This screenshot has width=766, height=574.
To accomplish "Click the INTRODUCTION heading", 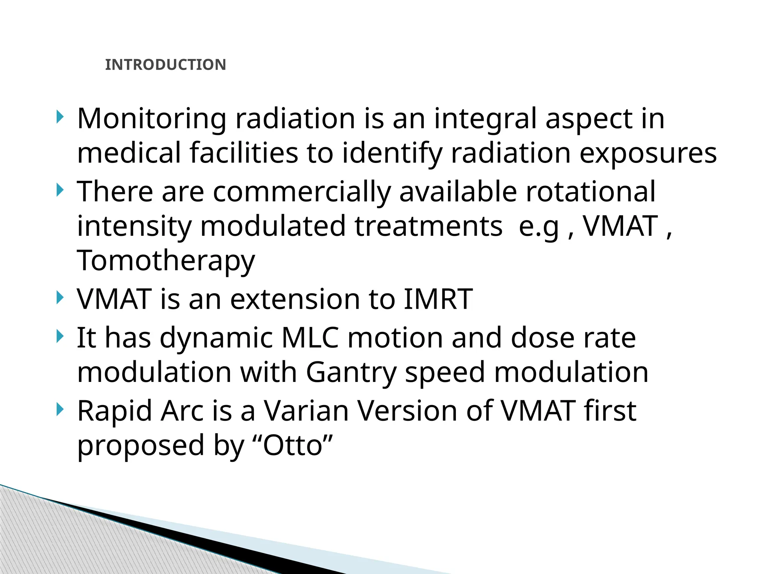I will [165, 65].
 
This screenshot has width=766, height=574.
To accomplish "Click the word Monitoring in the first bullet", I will [151, 119].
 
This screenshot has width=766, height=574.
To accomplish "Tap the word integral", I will [485, 119].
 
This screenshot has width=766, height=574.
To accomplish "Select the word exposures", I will [648, 153].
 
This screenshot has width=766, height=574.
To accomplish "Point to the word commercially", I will [301, 191].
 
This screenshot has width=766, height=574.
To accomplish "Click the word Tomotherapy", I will [166, 260].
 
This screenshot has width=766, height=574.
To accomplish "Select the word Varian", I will [306, 411].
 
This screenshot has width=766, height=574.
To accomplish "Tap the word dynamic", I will [216, 337].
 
